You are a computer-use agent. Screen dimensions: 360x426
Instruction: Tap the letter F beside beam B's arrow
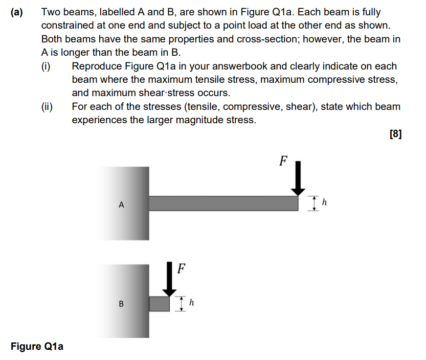coord(181,268)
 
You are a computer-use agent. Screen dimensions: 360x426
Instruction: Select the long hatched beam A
coord(223,203)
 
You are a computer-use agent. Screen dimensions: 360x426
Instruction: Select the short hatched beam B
coord(159,303)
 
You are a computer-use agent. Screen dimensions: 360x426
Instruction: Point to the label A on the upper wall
coord(121,205)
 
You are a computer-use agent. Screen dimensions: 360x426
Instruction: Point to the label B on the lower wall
coord(121,304)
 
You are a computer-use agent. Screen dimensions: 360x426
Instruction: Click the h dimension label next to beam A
coord(324,203)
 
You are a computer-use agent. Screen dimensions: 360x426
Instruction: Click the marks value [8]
coord(395,134)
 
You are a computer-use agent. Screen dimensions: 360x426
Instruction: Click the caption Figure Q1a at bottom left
coord(37,347)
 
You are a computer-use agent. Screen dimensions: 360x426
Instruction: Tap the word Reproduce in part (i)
coord(97,66)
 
